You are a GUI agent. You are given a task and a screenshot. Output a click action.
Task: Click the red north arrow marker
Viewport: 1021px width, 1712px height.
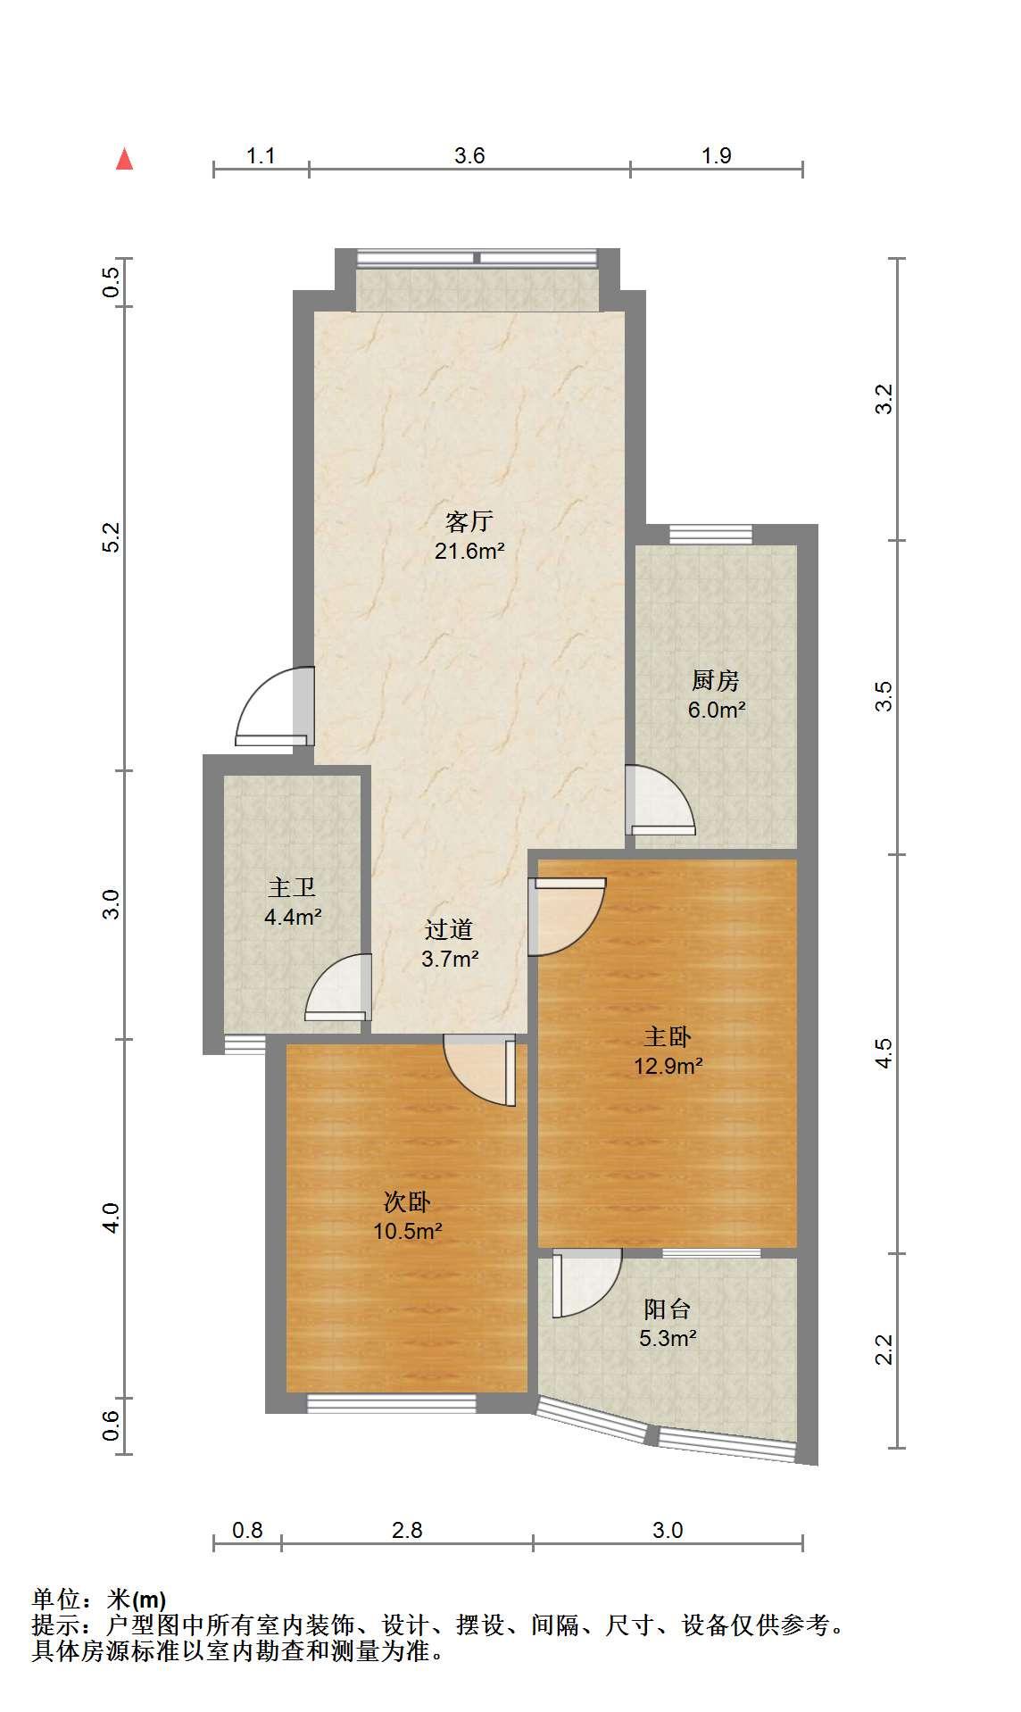125,159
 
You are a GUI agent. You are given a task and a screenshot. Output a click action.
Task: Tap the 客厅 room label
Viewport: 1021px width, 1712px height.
469,521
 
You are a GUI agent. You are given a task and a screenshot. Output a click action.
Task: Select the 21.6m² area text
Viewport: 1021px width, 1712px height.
469,552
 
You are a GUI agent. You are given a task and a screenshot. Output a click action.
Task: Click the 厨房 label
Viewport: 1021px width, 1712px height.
716,681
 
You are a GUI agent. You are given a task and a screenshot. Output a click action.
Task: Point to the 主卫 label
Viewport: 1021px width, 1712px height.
292,887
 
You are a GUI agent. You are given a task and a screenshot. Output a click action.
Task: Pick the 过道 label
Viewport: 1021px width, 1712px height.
449,929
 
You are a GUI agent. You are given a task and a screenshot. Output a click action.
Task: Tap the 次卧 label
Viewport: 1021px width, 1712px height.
408,1201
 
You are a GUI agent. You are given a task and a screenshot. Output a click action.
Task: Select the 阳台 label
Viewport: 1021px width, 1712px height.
668,1309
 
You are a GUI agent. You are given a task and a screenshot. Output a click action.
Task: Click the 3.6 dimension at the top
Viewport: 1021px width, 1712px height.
469,156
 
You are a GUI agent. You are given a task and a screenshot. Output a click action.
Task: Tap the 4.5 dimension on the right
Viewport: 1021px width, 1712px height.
883,1053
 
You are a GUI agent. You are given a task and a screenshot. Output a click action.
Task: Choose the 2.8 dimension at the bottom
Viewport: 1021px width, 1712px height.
407,1530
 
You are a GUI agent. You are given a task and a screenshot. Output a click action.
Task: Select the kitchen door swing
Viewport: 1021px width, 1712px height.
660,800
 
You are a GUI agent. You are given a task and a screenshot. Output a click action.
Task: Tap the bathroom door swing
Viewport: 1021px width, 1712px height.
338,987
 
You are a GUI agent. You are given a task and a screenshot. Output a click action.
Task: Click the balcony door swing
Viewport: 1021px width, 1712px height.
586,1284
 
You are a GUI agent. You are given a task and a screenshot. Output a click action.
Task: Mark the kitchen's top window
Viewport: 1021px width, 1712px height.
711,535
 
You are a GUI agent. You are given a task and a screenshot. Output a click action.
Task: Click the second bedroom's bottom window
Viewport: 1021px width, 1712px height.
392,1403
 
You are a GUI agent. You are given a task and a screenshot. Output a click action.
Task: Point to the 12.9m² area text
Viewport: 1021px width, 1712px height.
668,1065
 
